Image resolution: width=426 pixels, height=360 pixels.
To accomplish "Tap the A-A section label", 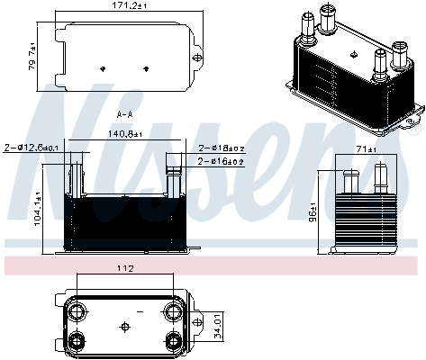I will (x=125, y=114).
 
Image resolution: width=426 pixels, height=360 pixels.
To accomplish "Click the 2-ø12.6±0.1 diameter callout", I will (x=33, y=147).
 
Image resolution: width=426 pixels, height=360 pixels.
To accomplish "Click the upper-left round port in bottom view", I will (x=78, y=311).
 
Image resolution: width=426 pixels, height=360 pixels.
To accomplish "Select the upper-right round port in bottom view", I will (x=171, y=311).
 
